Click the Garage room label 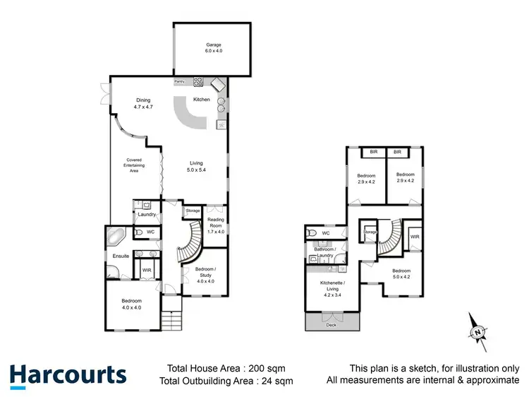pyautogui.click(x=214, y=47)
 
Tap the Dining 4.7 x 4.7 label pyautogui.click(x=144, y=102)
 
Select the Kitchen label pyautogui.click(x=202, y=100)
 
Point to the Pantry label pyautogui.click(x=180, y=82)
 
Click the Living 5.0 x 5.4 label pyautogui.click(x=195, y=167)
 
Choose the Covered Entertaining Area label pyautogui.click(x=134, y=165)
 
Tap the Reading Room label pyautogui.click(x=215, y=225)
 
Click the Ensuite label pyautogui.click(x=121, y=256)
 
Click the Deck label pyautogui.click(x=331, y=326)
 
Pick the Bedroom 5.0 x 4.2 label pyautogui.click(x=401, y=274)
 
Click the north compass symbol pyautogui.click(x=478, y=330)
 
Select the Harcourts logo pyautogui.click(x=68, y=375)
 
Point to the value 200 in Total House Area pyautogui.click(x=250, y=368)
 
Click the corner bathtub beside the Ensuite pyautogui.click(x=114, y=236)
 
